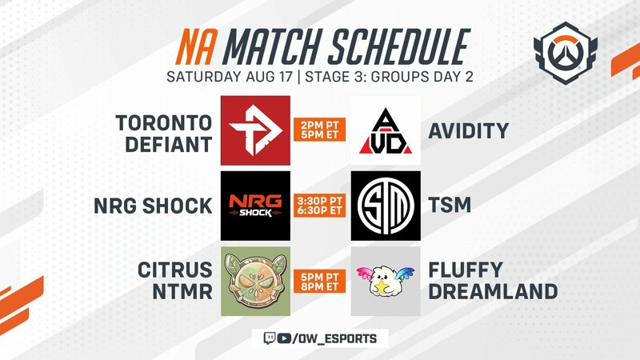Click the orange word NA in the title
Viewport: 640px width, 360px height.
195,47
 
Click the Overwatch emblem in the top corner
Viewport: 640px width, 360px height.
566,52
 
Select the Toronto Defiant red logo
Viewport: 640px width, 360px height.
255,130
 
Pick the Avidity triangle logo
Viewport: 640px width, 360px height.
386,130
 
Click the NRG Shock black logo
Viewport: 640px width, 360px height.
255,206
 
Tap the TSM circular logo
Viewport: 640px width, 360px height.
386,206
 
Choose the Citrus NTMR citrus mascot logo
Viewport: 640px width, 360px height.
255,282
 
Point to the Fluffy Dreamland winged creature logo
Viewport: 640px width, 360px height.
386,282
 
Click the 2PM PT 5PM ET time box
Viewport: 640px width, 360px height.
319,130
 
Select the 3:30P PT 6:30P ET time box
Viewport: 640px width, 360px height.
319,206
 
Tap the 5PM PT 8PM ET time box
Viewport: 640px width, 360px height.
319,282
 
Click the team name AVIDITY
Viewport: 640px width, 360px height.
469,131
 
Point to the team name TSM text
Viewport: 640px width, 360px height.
450,205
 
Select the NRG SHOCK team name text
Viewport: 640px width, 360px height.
153,206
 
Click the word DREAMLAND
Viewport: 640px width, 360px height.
493,292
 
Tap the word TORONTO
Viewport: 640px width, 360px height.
164,123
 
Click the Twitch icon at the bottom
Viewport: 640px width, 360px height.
270,338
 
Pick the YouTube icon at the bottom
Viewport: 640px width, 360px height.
284,338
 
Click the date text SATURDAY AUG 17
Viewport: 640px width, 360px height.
230,77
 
